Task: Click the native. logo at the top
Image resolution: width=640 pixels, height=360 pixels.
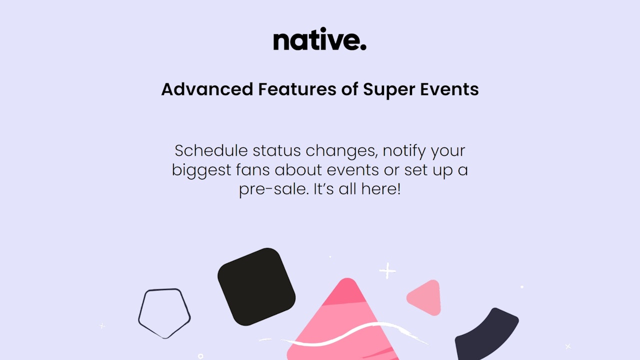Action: tap(319, 39)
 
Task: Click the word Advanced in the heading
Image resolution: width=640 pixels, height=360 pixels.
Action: tap(207, 89)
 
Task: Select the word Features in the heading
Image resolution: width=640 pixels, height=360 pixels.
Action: tap(297, 89)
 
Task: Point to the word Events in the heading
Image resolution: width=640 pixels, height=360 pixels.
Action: tap(449, 89)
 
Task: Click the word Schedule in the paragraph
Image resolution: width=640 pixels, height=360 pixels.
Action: tap(211, 150)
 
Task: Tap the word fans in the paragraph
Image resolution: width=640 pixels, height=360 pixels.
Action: tap(253, 169)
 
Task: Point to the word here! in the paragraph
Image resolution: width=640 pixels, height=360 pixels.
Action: tap(381, 189)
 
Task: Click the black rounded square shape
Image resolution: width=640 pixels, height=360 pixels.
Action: tap(256, 286)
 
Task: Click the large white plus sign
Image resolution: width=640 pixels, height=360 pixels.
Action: tap(387, 270)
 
